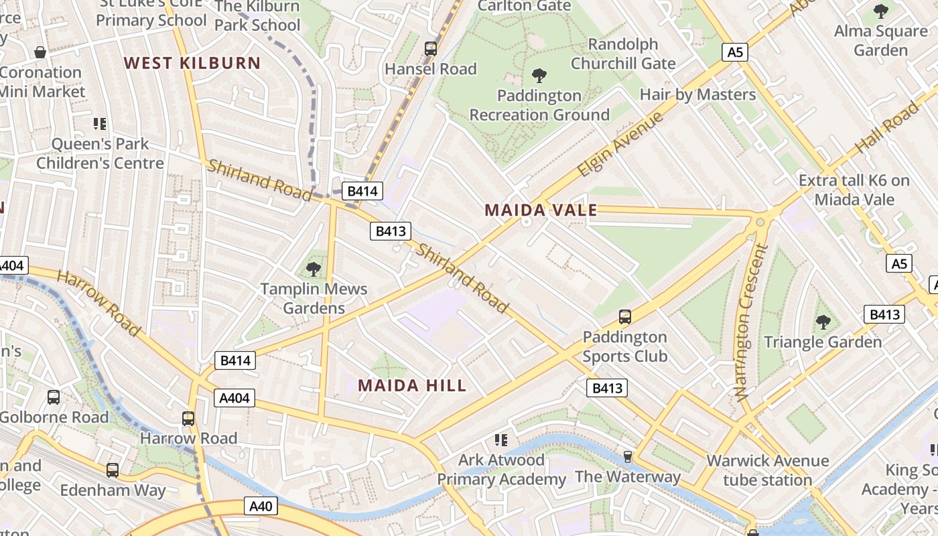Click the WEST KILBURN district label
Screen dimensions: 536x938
[x=192, y=63]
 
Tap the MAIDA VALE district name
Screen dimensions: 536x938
[x=541, y=210]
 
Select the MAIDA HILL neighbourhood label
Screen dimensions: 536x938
[x=412, y=385]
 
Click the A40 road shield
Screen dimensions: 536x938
[x=260, y=506]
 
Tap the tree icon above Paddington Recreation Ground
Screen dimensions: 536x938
[x=539, y=75]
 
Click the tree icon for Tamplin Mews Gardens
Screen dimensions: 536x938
[x=313, y=269]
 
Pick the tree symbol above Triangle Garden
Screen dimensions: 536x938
[x=823, y=322]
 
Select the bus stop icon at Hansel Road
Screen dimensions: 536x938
[x=431, y=49]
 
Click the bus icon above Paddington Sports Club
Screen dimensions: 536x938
[x=624, y=316]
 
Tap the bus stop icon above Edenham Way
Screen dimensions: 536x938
[x=113, y=470]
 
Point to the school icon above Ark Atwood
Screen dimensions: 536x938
[x=501, y=440]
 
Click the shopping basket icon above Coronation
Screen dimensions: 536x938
[x=40, y=52]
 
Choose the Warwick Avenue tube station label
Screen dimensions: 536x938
[x=767, y=470]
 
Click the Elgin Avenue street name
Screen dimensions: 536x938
[x=620, y=144]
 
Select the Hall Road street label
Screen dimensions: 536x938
[x=888, y=126]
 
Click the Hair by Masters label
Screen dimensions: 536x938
[x=697, y=94]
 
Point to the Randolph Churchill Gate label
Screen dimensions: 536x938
[x=623, y=54]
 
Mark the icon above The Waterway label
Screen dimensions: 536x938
[x=628, y=457]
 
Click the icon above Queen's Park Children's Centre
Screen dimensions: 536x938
[x=100, y=123]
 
